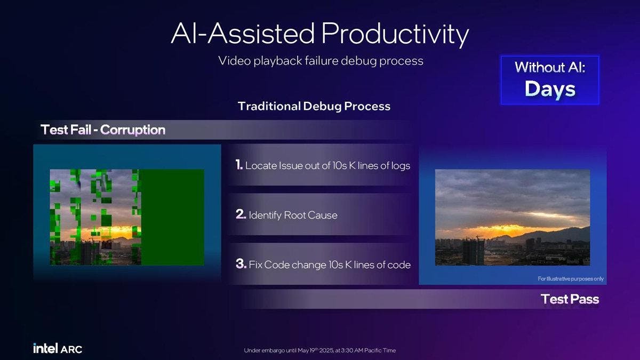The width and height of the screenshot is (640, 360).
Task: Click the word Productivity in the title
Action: click(395, 34)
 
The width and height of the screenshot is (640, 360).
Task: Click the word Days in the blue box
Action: click(550, 89)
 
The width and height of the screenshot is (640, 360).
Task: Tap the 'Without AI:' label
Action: click(550, 67)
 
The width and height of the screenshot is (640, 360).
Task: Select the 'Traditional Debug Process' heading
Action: click(314, 106)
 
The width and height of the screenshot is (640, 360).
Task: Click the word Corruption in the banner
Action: click(133, 130)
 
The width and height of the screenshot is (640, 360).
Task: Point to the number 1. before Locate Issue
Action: click(239, 165)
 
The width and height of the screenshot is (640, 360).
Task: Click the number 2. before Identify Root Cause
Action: click(241, 214)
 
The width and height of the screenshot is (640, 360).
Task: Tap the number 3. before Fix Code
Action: click(241, 263)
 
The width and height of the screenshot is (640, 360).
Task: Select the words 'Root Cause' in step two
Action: click(310, 215)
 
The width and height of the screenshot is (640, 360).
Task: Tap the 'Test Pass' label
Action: click(570, 299)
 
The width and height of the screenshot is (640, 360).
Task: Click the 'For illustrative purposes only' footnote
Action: click(571, 278)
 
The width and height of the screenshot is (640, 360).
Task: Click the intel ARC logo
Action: click(58, 348)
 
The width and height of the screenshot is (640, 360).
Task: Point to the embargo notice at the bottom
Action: click(319, 350)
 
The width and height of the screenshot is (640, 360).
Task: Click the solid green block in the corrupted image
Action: click(172, 217)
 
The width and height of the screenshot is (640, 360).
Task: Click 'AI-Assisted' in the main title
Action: click(243, 34)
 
